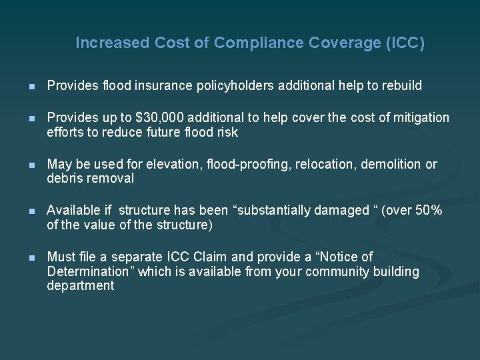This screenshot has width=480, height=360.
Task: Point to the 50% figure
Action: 429,211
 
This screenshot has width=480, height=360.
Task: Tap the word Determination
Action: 86,271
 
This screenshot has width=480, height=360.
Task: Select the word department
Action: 81,285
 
